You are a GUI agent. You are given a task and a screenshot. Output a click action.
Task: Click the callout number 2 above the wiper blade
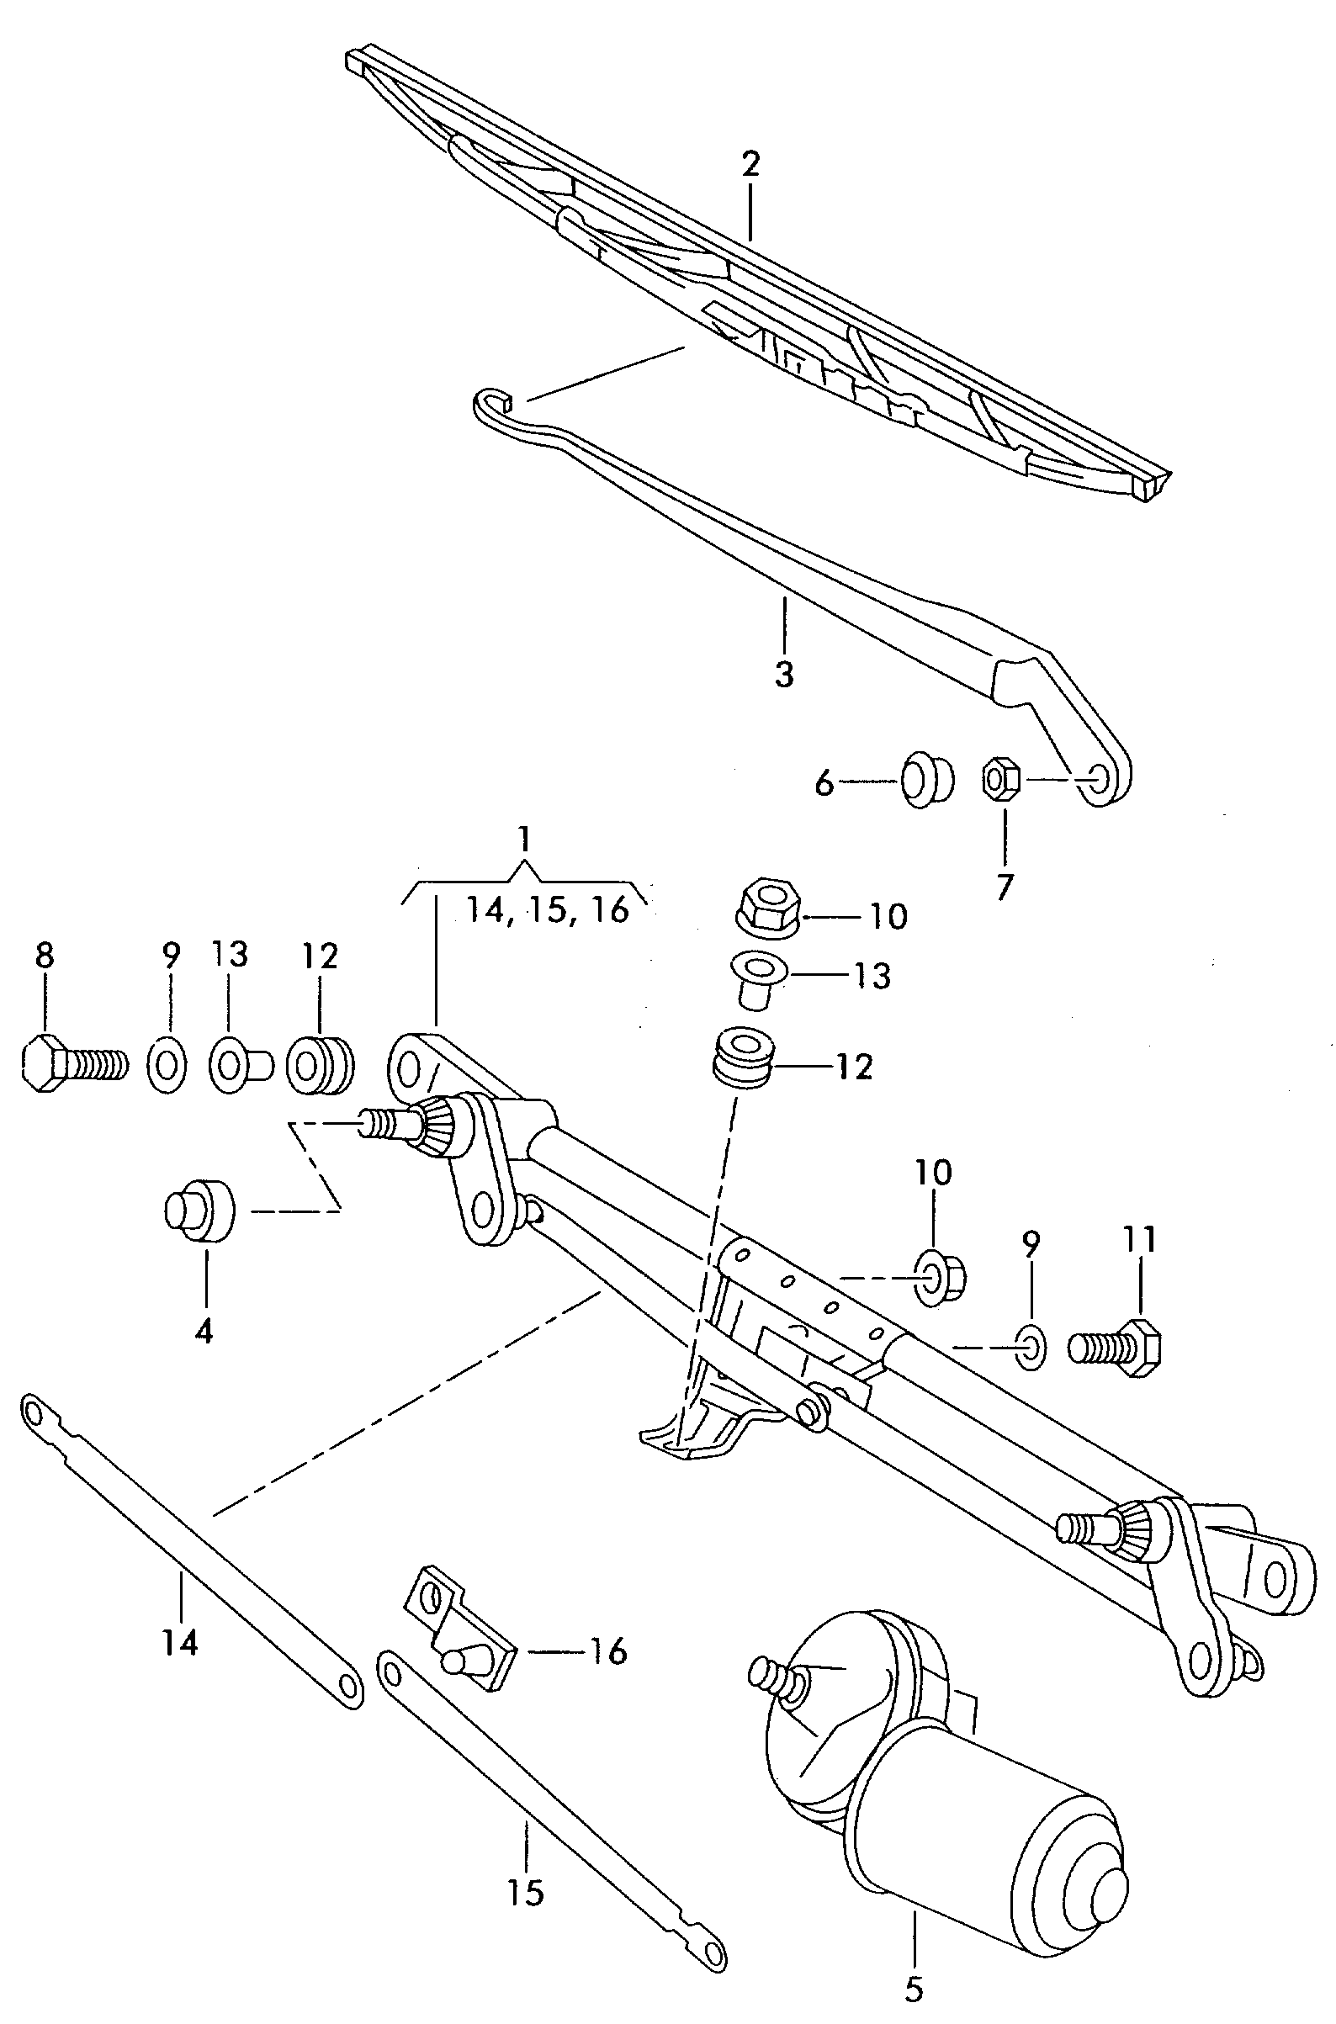coord(750,164)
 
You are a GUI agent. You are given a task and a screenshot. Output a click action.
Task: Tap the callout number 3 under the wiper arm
coord(784,674)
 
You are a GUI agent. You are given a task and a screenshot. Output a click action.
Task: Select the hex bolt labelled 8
coord(72,1064)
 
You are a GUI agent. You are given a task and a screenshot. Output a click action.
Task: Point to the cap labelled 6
coord(927,779)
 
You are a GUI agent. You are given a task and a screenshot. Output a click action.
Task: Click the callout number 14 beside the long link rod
coord(182,1641)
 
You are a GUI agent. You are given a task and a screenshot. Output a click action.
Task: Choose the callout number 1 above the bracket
coord(524,839)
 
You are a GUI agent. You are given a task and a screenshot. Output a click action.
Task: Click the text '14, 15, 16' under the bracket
coord(547,909)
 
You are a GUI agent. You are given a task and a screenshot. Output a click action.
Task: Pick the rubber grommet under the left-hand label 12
coord(320,1065)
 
